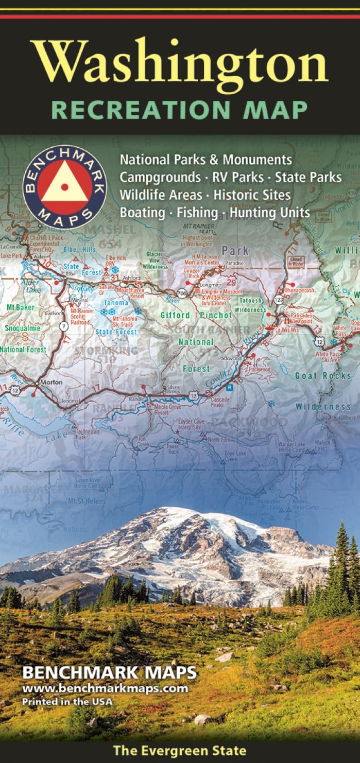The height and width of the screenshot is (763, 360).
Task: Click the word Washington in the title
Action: click(179, 64)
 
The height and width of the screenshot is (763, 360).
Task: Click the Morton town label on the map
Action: click(50, 382)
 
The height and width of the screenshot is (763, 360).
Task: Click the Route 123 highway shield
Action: click(278, 298)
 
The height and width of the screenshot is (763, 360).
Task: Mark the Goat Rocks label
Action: click(322, 376)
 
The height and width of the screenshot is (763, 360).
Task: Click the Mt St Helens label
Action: click(87, 501)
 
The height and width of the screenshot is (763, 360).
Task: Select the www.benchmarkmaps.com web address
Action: click(105, 688)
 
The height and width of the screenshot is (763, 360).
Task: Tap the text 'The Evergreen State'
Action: click(180, 751)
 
